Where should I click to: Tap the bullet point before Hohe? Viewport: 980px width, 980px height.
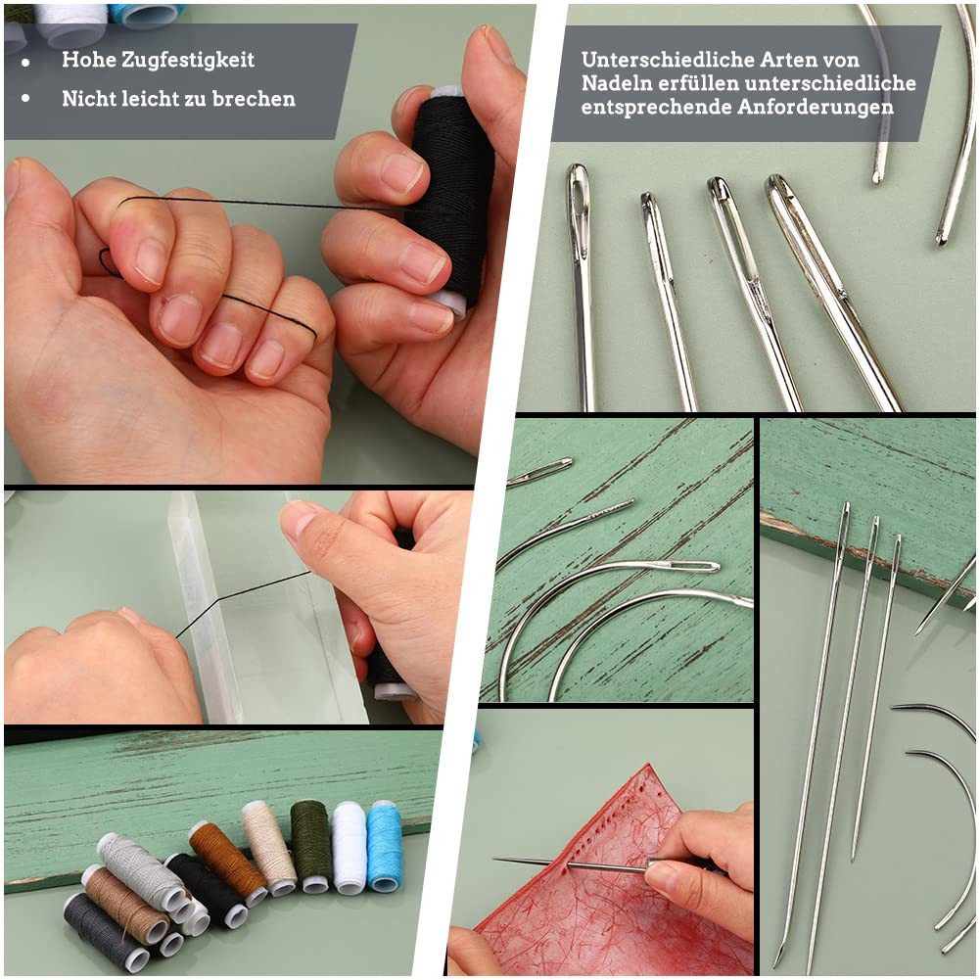(25, 61)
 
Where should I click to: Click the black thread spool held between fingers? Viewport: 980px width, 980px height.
(451, 196)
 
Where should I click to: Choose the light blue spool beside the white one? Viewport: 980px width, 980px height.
(384, 844)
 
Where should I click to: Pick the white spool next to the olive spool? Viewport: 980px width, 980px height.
(349, 846)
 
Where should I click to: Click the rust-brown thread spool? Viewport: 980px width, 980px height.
(227, 862)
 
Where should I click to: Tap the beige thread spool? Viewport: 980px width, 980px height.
(268, 846)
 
